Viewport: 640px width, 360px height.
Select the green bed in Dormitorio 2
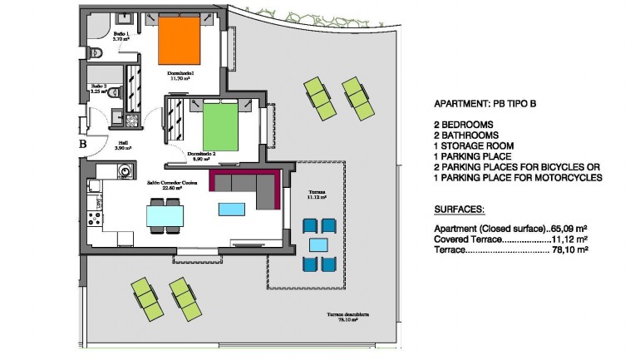(222, 126)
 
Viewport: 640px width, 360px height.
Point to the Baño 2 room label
(99, 88)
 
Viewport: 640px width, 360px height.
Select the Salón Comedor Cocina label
(172, 185)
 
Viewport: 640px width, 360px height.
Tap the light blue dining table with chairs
(164, 215)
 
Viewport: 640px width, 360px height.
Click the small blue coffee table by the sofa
(227, 209)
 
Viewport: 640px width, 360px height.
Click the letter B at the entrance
(83, 144)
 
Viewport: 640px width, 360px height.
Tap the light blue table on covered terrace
(318, 244)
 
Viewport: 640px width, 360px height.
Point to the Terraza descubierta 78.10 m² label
(347, 318)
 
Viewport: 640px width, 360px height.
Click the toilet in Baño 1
(96, 52)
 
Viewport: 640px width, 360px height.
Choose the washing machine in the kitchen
(125, 172)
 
